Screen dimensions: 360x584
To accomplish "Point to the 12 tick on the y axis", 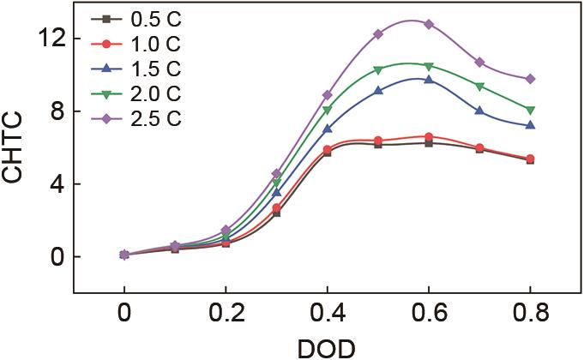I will (52, 39).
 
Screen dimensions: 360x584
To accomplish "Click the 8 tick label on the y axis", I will (58, 111).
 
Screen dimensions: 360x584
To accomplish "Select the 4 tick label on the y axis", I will (58, 184).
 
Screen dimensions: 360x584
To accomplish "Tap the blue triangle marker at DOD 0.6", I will (429, 80).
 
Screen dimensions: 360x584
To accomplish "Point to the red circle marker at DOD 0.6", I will (429, 136).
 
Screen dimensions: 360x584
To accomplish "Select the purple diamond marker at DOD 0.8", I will (530, 79).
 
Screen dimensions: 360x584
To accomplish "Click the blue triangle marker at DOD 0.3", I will (277, 192).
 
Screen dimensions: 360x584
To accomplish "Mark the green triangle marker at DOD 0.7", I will (479, 86).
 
